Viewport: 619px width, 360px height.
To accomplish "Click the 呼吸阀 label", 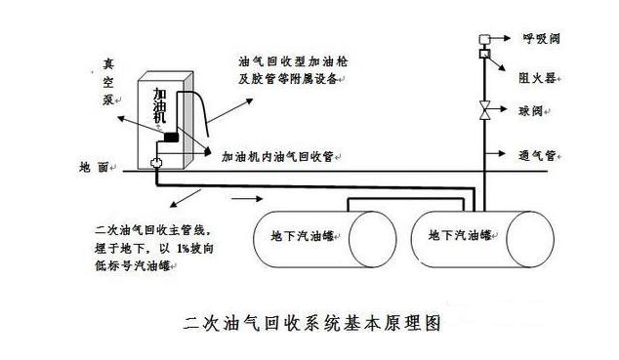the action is coord(541,39).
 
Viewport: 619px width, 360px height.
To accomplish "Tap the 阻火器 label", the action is coord(537,78).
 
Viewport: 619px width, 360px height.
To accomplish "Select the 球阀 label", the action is coord(530,111).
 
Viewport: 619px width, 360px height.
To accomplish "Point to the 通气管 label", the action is coord(537,155).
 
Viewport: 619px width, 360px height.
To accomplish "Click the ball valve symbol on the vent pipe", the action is coord(484,110).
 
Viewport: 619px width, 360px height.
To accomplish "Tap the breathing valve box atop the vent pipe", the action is coord(484,39).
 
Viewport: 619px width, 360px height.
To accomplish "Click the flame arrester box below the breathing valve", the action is coord(484,54).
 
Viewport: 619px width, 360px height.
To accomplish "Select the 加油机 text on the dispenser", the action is coord(159,105).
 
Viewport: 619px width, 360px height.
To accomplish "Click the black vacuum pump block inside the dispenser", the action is coord(171,138).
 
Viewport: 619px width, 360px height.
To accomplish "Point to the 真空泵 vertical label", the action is coord(108,82).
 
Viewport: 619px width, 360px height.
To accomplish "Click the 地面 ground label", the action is coord(94,167).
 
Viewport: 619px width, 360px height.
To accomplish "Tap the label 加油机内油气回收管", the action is coord(277,156).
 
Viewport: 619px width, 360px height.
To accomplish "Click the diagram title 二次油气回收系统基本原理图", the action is coord(311,323).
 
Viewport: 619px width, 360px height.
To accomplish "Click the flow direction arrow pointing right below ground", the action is coord(247,199).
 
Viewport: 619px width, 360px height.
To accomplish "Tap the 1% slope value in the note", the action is coord(183,249).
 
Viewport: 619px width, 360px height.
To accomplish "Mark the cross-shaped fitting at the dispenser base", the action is coord(157,163).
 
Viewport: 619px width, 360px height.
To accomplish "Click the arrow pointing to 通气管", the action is coord(495,153).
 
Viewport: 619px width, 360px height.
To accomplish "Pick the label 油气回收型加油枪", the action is coord(293,61).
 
